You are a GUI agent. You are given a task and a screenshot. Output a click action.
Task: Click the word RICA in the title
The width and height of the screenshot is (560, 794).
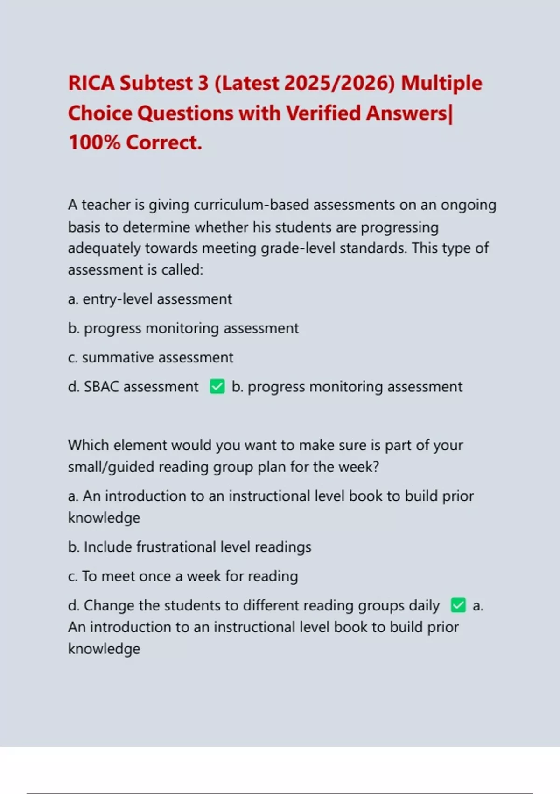(x=91, y=83)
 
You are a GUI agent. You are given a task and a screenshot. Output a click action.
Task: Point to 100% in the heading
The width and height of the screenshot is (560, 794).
(x=94, y=142)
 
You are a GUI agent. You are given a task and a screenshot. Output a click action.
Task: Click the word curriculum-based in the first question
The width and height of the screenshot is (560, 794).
(x=252, y=205)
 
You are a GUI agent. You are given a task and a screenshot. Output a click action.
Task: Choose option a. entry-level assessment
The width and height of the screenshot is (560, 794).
(x=150, y=299)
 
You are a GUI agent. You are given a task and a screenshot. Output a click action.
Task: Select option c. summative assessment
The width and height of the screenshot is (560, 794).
(x=150, y=358)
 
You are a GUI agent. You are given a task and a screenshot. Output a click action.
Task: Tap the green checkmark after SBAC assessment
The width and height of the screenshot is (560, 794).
(x=217, y=387)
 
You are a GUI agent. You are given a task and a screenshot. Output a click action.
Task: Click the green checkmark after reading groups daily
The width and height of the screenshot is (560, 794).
(x=458, y=605)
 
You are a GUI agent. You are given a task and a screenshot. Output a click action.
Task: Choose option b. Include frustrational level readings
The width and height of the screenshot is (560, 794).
(x=189, y=547)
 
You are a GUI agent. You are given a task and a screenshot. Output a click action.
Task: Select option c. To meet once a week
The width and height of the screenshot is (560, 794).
(x=183, y=576)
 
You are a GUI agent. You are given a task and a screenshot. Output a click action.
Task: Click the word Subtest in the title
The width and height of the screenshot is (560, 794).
(x=156, y=83)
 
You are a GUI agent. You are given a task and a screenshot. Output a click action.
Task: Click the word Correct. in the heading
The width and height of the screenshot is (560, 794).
(x=164, y=142)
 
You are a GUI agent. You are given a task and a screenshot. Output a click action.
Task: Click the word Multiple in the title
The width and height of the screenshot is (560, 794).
(x=441, y=83)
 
